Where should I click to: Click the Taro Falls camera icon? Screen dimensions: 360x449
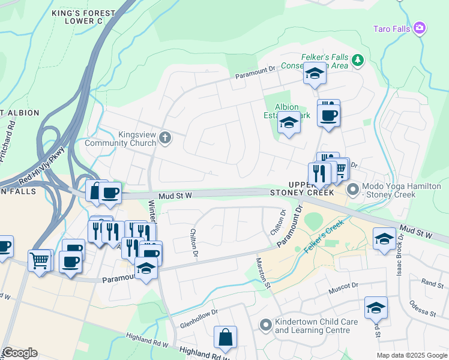(x=420, y=28)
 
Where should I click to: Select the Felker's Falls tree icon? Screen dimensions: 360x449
(x=358, y=59)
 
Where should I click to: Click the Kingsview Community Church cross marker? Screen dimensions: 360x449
(x=166, y=139)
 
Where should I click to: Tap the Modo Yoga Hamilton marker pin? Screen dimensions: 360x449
(x=352, y=190)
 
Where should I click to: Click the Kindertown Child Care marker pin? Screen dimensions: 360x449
(x=265, y=325)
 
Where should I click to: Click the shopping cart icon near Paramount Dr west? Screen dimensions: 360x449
(x=40, y=261)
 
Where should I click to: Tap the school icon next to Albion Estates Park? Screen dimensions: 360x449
(x=289, y=124)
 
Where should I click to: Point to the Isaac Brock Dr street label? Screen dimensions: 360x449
(x=399, y=259)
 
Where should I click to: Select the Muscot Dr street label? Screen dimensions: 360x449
(x=343, y=290)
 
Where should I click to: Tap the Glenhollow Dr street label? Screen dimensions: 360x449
(x=198, y=312)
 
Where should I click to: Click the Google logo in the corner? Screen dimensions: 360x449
(x=20, y=353)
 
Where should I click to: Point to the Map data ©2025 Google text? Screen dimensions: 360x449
(x=411, y=355)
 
